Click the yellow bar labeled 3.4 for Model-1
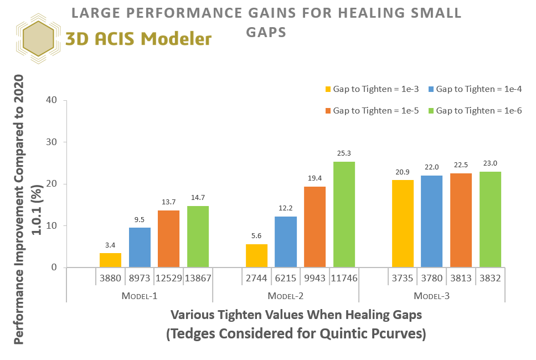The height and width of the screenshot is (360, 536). (x=110, y=260)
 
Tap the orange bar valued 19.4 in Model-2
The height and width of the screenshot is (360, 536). (x=315, y=227)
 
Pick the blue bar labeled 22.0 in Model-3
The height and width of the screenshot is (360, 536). (x=432, y=222)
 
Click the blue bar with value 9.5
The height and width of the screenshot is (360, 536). (x=140, y=248)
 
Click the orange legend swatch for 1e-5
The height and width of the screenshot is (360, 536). (x=328, y=111)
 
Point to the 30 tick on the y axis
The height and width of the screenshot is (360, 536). (x=53, y=142)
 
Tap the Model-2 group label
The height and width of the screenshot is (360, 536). (x=285, y=296)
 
